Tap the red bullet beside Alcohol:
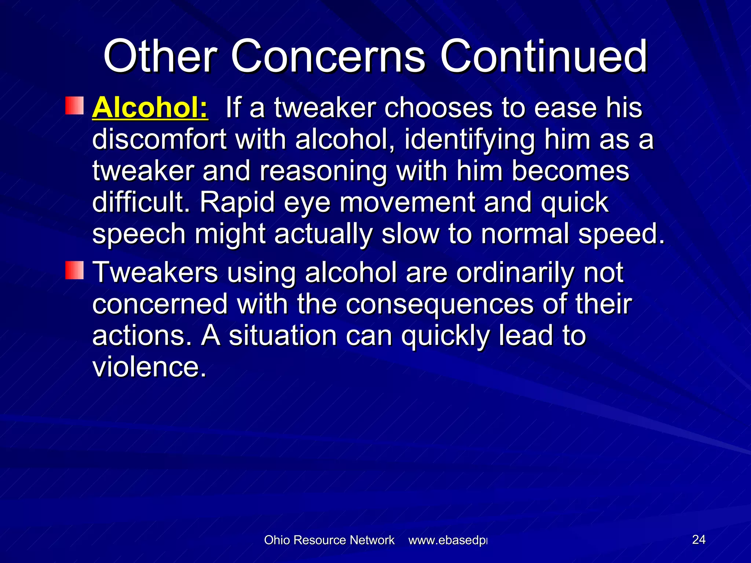pos(75,106)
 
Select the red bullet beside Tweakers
pos(75,270)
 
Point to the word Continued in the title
pos(543,56)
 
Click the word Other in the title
pos(160,56)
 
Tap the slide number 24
pos(699,540)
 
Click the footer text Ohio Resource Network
pos(329,540)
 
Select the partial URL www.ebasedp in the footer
pos(448,540)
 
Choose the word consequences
pos(439,304)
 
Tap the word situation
pos(283,336)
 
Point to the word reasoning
pos(323,172)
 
